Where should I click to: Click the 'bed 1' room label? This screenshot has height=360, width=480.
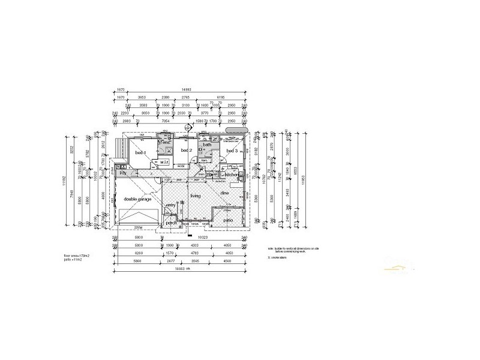pos(140,154)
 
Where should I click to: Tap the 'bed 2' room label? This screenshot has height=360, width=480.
pos(186,150)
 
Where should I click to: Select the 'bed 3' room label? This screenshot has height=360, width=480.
pos(232,151)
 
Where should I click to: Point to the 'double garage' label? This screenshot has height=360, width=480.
pos(137,199)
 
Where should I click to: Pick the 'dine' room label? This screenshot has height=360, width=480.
pos(224,193)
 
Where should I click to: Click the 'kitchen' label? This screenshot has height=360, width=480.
pos(233,175)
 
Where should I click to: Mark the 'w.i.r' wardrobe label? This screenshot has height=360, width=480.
pos(163,161)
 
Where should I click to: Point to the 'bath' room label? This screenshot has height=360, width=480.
pos(207,145)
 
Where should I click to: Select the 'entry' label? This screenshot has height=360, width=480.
pos(171,205)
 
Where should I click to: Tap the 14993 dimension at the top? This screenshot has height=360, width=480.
pos(179,89)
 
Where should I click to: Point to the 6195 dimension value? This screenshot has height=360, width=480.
pos(221,97)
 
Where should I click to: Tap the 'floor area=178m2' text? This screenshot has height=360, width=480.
pos(76,256)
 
